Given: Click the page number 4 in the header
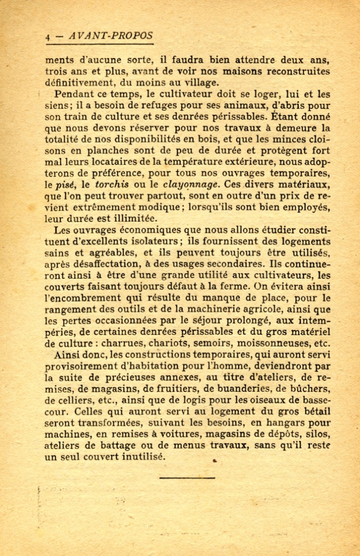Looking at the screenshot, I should pyautogui.click(x=48, y=37).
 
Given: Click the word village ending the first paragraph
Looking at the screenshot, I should pyautogui.click(x=200, y=83).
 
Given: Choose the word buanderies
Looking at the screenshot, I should pyautogui.click(x=242, y=389).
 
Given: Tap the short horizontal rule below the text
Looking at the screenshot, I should pyautogui.click(x=180, y=478).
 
